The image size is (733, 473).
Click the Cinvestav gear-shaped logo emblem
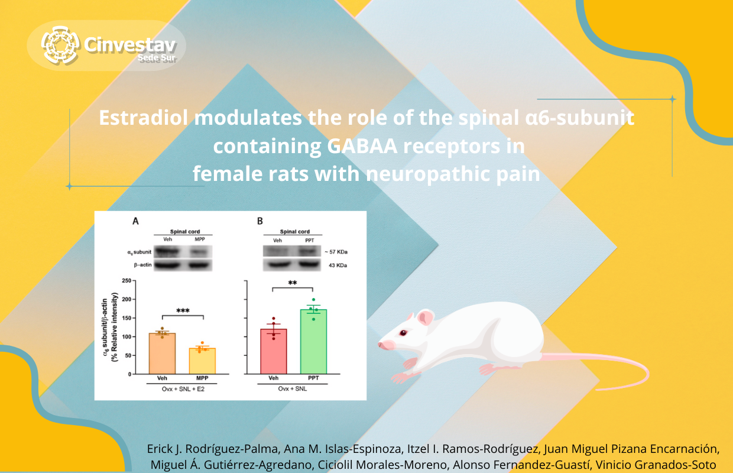[60, 45]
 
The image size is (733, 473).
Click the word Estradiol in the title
[144, 118]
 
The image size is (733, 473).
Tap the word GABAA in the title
[362, 146]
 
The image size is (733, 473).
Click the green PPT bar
[313, 341]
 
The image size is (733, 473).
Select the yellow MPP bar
[202, 361]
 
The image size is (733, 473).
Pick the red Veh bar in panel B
[274, 351]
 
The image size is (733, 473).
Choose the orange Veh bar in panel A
[162, 354]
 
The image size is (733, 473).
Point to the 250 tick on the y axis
[127, 280]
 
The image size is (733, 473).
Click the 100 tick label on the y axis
[127, 337]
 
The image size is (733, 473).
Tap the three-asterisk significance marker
[183, 310]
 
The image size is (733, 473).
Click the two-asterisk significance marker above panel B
[293, 283]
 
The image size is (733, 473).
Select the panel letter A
[135, 221]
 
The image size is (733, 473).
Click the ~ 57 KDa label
[336, 252]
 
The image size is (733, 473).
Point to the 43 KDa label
[338, 265]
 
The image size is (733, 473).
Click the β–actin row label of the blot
[142, 264]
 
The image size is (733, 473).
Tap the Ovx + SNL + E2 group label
[183, 389]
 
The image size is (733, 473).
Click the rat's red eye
[403, 333]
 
